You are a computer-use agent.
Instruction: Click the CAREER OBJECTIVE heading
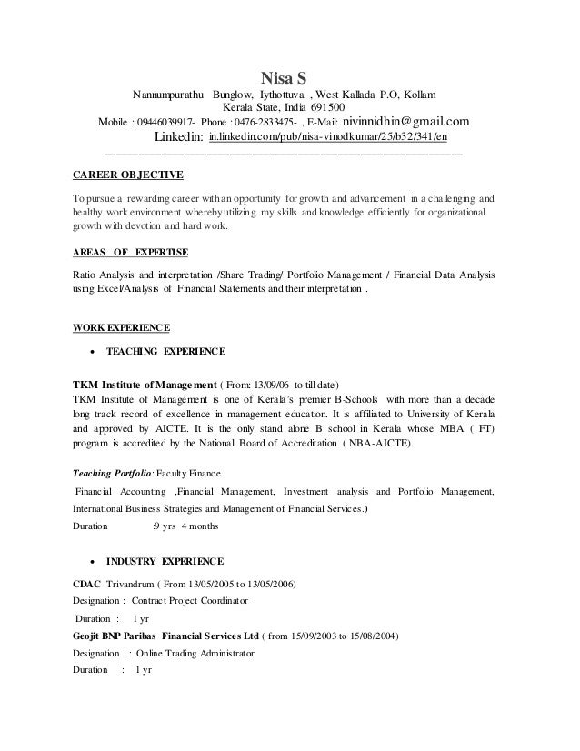coord(127,175)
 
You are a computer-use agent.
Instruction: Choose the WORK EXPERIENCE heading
coord(120,326)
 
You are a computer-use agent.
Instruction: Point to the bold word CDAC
coord(86,583)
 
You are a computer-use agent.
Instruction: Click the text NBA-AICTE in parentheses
coord(376,445)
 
